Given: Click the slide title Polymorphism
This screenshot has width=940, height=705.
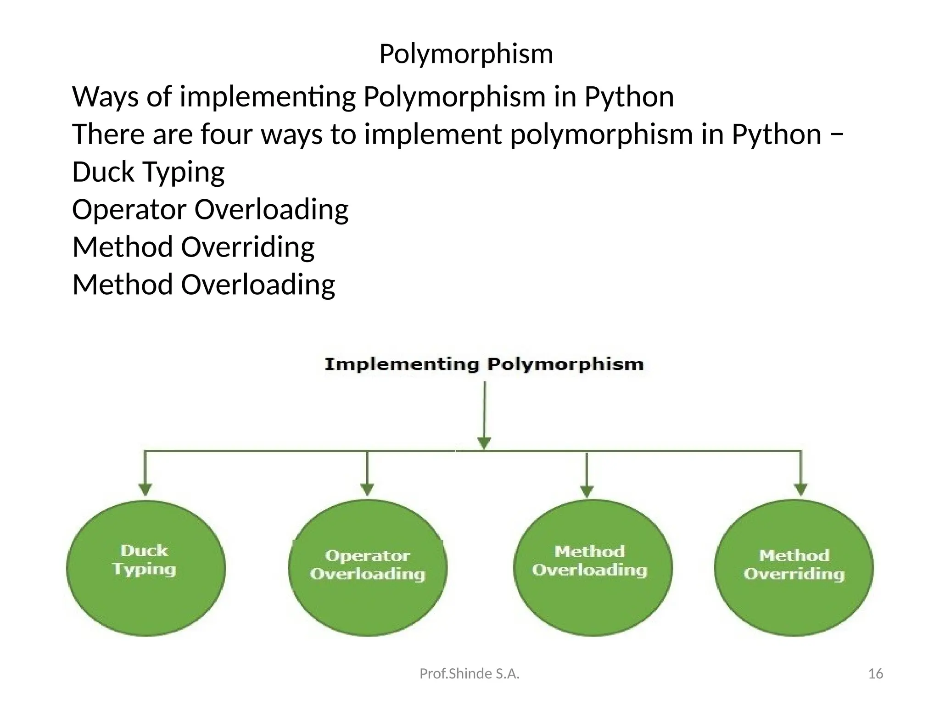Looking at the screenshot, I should click(x=466, y=54).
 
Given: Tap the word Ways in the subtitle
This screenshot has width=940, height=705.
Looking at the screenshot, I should click(x=105, y=97).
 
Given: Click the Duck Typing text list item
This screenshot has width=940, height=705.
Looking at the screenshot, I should click(x=148, y=172).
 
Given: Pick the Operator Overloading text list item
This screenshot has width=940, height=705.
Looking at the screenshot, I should click(x=210, y=210).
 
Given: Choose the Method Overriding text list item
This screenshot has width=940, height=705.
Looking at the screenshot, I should click(x=193, y=247).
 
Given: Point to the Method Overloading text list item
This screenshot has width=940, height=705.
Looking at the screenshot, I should click(x=204, y=285).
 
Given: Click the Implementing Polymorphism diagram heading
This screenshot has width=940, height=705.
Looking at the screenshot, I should click(x=484, y=364).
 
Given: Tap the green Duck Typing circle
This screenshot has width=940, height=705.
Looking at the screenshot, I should click(x=145, y=568).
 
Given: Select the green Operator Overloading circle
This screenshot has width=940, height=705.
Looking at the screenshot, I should click(x=368, y=568).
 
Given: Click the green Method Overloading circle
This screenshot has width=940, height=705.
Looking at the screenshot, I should click(x=592, y=568).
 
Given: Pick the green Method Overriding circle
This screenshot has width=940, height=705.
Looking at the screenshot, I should click(x=794, y=568).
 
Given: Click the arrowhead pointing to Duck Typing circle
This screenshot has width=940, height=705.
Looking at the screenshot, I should click(x=145, y=489).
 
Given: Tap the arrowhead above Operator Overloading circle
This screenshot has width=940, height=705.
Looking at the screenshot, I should click(x=367, y=489).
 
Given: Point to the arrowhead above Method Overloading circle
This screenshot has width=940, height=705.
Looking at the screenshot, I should click(x=587, y=491).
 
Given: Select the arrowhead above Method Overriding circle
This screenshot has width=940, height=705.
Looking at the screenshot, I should click(x=801, y=489).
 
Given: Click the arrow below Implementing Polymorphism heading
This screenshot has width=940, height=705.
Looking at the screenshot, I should click(x=485, y=413).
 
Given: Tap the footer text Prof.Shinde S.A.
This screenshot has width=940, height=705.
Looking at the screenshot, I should click(x=470, y=674).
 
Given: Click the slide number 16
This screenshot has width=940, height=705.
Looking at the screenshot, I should click(x=876, y=674).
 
